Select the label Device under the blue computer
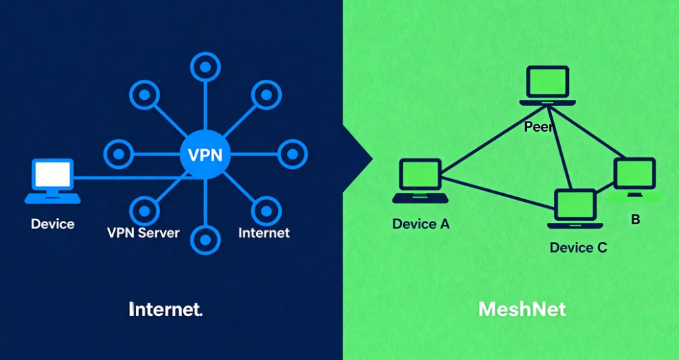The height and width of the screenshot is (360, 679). click(x=53, y=224)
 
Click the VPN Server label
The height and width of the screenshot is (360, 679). click(x=143, y=233)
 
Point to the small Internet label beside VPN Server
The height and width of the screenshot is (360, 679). click(x=263, y=233)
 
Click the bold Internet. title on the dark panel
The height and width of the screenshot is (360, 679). click(x=166, y=309)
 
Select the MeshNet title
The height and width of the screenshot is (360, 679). click(x=522, y=309)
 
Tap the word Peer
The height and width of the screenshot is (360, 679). click(x=539, y=127)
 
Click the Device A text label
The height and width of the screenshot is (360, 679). click(x=420, y=224)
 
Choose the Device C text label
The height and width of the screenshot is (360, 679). click(x=578, y=247)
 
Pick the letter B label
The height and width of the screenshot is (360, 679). click(x=635, y=220)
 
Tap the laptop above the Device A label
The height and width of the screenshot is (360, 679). click(x=420, y=180)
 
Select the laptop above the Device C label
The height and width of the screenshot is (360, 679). click(x=575, y=210)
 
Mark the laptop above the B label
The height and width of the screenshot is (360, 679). click(x=634, y=178)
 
